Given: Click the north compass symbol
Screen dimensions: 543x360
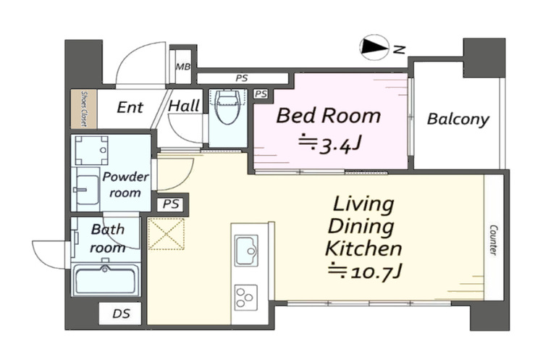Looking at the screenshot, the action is (x=374, y=48).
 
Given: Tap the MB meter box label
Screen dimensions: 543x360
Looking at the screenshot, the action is (x=183, y=67).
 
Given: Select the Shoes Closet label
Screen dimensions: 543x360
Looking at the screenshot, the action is (x=84, y=109).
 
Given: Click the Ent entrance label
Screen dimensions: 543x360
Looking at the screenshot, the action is (x=130, y=107).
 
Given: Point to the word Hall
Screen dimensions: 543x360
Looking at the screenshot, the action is (x=184, y=105).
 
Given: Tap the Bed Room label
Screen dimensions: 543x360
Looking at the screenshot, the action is (x=328, y=115).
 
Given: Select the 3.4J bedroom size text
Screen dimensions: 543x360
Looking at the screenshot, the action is (x=330, y=143).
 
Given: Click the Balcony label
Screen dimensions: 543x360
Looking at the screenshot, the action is (x=458, y=120).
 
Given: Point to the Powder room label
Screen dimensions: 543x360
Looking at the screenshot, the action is (x=125, y=184).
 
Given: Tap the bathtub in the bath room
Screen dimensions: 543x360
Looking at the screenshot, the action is (x=106, y=280).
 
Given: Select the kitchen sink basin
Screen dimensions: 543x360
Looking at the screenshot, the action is (x=246, y=250).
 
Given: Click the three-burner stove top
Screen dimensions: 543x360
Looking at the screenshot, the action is (x=246, y=297).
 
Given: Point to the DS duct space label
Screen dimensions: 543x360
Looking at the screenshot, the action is (x=121, y=314).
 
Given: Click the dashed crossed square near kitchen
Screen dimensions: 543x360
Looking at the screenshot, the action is (x=167, y=234).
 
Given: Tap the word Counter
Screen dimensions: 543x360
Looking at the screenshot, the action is (x=493, y=240).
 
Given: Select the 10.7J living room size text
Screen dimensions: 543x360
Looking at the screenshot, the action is (x=365, y=272).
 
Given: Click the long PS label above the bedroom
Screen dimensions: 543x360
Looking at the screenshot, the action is (x=242, y=78).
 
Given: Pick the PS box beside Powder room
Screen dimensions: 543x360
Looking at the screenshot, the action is (x=171, y=204).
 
